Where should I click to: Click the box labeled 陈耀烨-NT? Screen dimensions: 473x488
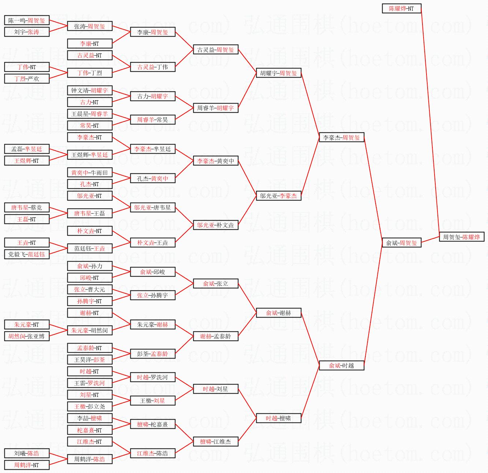401,8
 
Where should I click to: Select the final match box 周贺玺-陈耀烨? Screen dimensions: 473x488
461,237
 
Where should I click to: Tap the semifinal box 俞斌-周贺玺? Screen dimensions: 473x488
401,243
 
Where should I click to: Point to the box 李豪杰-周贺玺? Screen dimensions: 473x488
341,138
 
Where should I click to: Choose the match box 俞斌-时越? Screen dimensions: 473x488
341,365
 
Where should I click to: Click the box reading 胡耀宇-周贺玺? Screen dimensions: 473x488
278,73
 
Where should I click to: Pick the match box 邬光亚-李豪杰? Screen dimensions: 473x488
278,196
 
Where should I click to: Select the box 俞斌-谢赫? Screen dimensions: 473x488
278,313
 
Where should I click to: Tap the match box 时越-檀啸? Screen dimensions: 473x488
278,418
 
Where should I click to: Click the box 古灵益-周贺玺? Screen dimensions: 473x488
215,50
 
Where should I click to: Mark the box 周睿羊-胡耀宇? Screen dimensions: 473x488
215,108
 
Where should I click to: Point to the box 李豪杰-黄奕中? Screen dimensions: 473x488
215,161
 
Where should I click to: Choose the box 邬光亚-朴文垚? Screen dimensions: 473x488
215,225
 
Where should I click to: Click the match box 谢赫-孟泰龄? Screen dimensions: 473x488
215,336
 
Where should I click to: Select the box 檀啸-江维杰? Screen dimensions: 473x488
215,442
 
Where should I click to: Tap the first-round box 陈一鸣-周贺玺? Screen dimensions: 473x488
27,20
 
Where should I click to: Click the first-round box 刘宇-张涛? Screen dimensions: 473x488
27,32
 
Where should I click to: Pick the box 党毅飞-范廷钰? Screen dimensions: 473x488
27,254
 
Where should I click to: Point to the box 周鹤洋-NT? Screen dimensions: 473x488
27,465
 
